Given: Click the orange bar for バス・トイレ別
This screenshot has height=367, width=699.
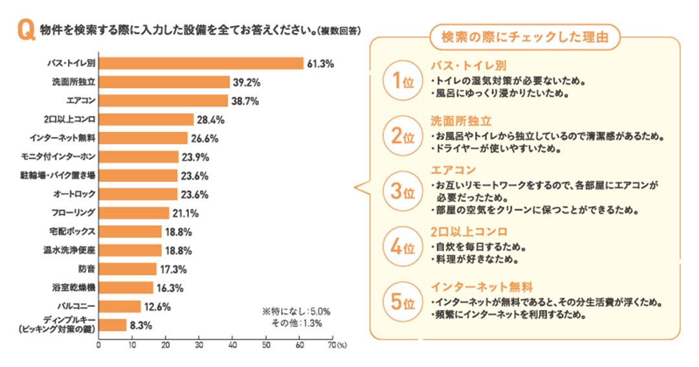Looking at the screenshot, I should point(201,63).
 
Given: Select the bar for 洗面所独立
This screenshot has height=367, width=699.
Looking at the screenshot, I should point(164,82).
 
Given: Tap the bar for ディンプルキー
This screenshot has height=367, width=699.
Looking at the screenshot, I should point(113,325).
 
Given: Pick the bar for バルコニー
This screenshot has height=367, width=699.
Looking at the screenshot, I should point(120,306).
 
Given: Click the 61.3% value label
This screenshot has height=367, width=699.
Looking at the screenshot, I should point(320,63).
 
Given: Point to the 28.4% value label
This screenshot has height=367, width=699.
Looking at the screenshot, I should point(210,119).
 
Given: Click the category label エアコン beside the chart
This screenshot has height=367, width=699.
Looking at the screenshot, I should point(81,101).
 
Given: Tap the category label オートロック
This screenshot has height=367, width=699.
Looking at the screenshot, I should point(74,194).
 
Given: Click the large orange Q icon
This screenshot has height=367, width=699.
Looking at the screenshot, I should point(27,30).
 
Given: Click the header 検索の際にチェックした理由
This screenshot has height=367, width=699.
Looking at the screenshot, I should point(525,37).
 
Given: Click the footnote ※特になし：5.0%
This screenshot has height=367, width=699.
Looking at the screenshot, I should point(287,311).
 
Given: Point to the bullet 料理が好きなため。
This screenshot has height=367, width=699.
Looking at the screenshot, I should point(477,261).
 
